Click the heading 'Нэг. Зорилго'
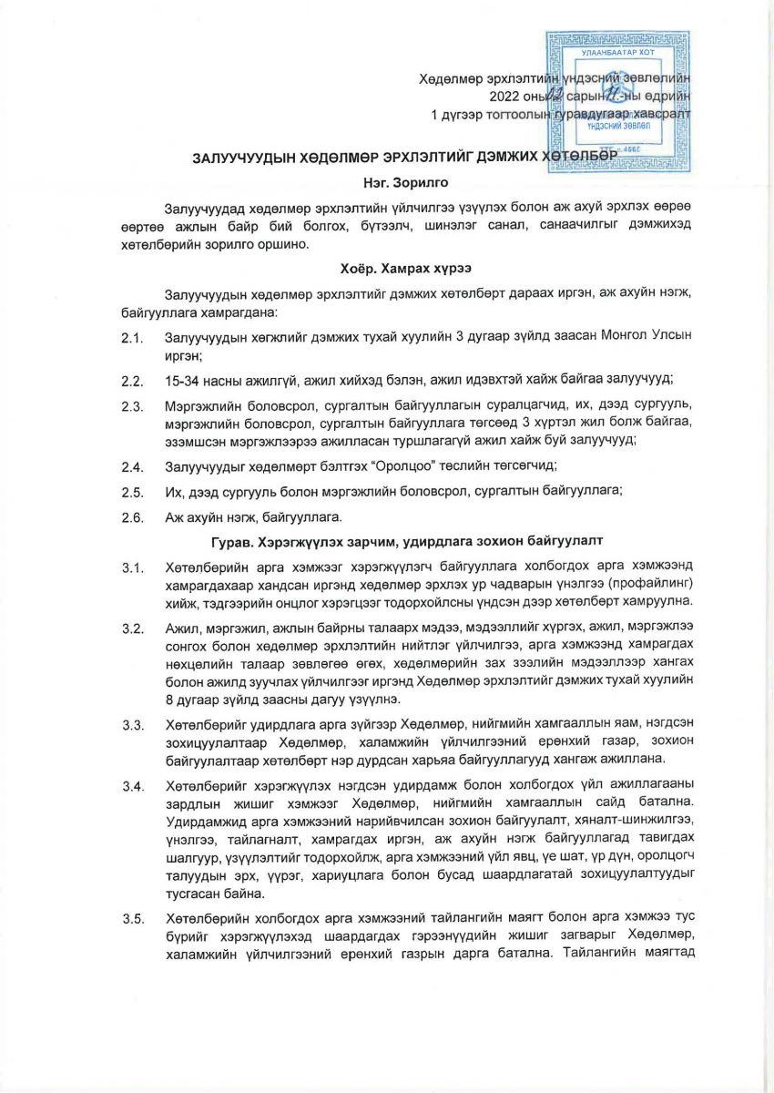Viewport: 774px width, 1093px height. (387, 183)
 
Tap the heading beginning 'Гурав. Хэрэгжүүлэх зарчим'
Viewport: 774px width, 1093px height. (387, 541)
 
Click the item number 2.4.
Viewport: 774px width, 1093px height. (132, 467)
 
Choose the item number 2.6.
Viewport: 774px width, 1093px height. (132, 518)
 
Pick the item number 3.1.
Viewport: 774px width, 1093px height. (132, 569)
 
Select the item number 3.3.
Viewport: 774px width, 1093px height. (132, 726)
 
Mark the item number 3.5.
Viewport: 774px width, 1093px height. (132, 918)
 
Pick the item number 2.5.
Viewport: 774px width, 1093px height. (132, 493)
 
